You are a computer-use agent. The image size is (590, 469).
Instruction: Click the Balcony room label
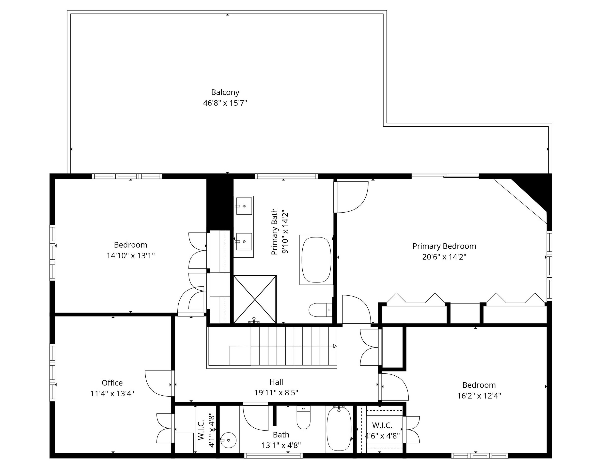click(225, 92)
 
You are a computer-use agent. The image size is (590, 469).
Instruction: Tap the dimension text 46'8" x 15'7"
click(225, 103)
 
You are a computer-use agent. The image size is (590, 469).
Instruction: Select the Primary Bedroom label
click(444, 246)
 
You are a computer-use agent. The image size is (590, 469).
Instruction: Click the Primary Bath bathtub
click(316, 260)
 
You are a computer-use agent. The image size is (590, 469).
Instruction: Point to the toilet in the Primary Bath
click(320, 310)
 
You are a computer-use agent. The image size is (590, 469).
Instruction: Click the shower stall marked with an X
click(255, 300)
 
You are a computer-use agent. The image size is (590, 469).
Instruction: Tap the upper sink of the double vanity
click(244, 206)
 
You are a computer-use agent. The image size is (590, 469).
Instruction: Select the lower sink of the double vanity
click(244, 242)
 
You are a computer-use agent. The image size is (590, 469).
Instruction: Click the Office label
click(112, 383)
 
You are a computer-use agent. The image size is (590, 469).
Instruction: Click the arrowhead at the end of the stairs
click(335, 346)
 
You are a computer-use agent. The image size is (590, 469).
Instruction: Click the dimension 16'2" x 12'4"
click(479, 396)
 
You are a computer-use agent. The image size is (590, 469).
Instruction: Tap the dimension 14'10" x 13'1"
click(131, 256)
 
